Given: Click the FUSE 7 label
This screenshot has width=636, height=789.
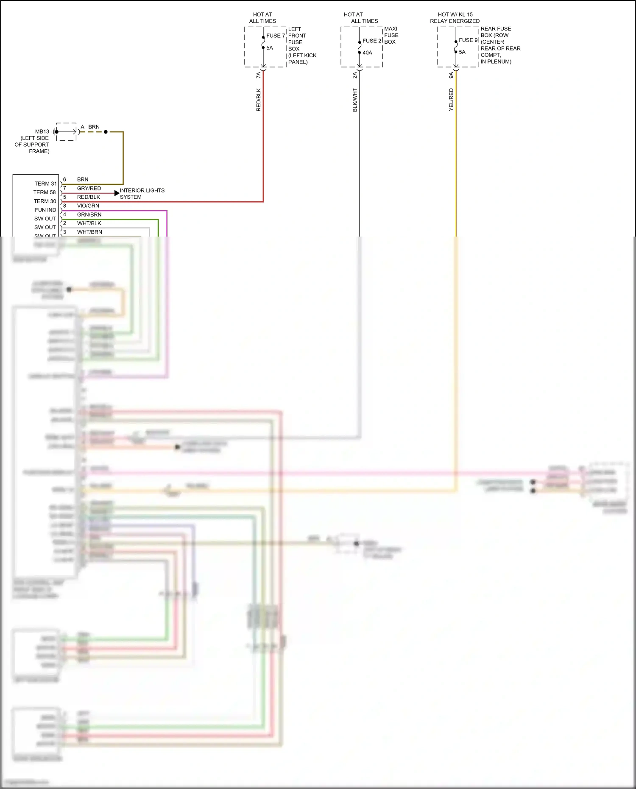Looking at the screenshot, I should [276, 36].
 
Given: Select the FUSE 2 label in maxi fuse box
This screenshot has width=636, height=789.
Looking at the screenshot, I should [372, 41].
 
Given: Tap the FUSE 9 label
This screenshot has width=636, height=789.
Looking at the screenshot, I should [468, 40].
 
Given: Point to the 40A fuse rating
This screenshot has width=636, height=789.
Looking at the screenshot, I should [367, 53].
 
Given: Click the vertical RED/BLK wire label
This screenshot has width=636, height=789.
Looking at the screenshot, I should [259, 100].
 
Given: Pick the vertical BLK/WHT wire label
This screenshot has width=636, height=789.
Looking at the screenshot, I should [355, 100].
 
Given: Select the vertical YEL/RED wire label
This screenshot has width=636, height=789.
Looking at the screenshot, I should [451, 100].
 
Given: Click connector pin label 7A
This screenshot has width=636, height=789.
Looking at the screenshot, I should [259, 75].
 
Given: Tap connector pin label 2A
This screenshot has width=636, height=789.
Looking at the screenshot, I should [355, 75].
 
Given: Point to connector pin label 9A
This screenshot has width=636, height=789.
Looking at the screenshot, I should [451, 75].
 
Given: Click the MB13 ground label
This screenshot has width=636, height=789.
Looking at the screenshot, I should [42, 131].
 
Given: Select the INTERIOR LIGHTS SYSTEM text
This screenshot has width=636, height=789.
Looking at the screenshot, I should [142, 194].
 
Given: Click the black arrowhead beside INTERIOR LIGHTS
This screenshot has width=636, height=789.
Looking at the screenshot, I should [117, 193].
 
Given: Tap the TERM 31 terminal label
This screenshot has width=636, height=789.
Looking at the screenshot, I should [45, 184].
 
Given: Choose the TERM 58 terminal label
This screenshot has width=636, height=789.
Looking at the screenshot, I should [45, 192].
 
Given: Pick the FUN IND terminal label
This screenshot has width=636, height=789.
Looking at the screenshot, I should [45, 210].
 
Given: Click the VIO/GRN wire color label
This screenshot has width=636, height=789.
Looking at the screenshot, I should [88, 206].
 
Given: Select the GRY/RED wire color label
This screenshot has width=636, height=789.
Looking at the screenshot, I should [89, 188].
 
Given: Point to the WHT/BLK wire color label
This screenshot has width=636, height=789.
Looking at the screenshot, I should [89, 223].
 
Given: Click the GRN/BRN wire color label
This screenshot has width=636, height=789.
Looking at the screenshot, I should [89, 215].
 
